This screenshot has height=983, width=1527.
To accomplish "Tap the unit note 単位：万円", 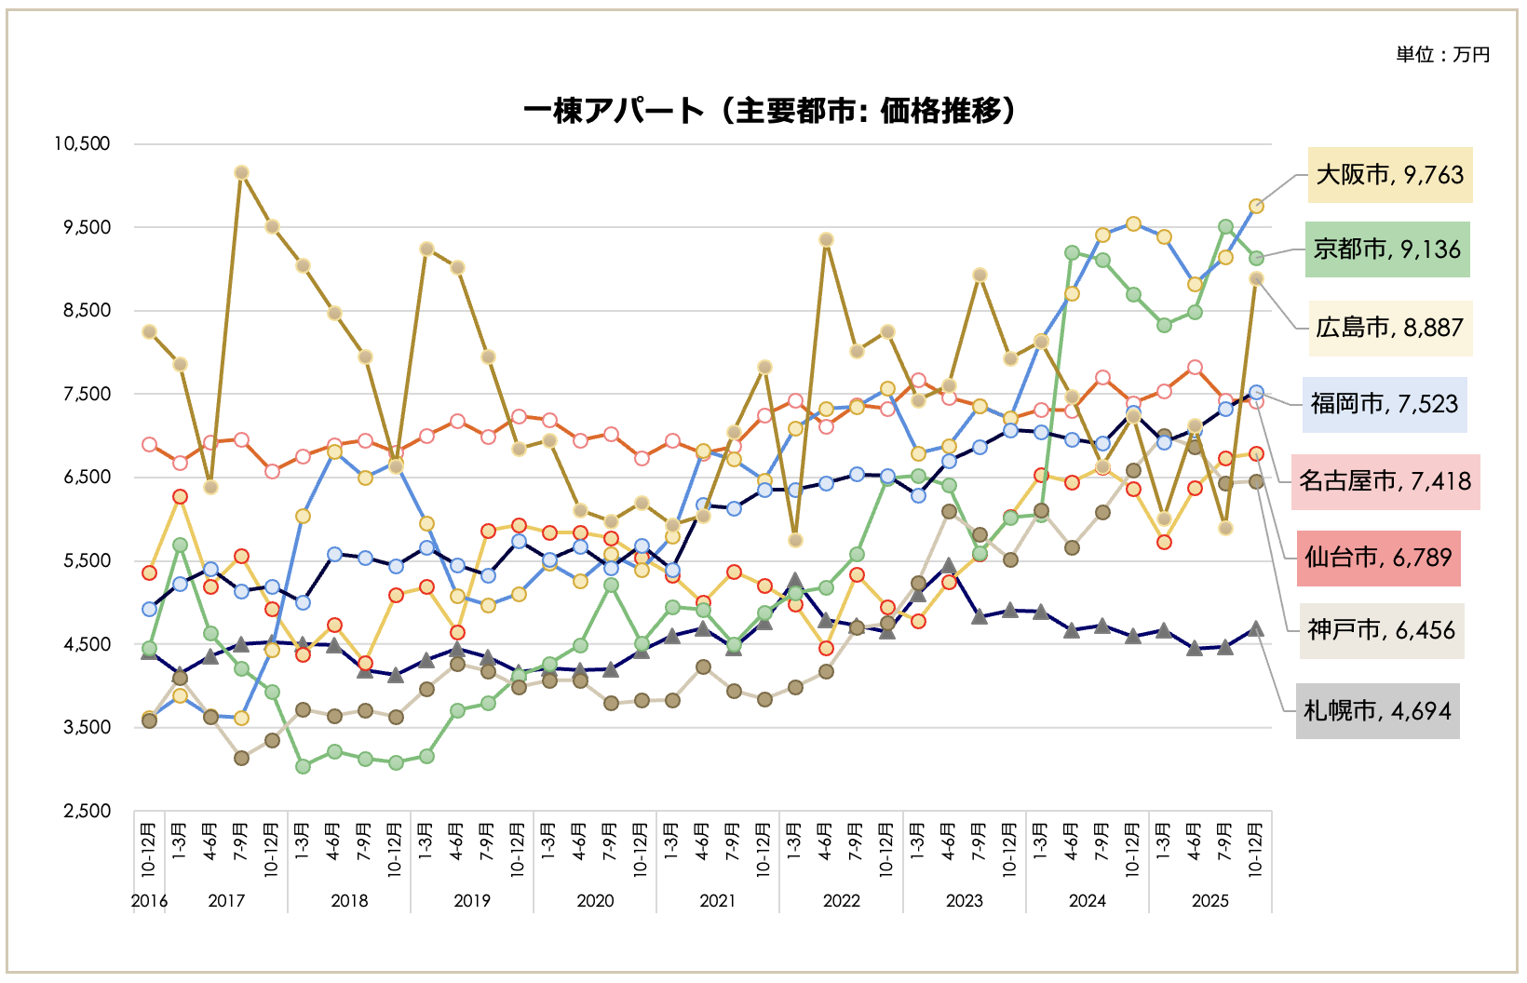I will [1442, 55].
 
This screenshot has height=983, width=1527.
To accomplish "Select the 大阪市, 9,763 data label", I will [1389, 175].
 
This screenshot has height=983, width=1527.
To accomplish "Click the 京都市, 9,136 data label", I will [1387, 249].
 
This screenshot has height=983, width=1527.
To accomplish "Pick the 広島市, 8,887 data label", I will [1389, 328].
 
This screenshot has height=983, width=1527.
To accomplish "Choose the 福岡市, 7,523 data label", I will [1385, 404].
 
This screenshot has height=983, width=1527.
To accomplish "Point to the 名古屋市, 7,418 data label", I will [1385, 481].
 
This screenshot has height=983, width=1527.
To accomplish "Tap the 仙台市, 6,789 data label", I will [1378, 558].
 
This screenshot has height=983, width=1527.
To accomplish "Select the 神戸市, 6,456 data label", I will [1381, 630].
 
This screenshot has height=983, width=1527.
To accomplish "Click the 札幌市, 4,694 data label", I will [1377, 711].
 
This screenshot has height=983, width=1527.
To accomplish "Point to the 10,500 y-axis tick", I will [82, 143].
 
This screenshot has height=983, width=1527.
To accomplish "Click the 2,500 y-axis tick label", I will [87, 811].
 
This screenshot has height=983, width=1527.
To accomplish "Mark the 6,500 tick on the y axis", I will [87, 477].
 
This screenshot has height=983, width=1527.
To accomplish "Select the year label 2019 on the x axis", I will [472, 900].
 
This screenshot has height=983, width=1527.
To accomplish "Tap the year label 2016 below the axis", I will [149, 900].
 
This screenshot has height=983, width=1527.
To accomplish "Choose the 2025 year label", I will [1209, 900].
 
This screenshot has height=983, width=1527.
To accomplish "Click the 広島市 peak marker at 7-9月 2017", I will [241, 172].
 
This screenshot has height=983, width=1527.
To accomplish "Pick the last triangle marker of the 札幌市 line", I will [1256, 628].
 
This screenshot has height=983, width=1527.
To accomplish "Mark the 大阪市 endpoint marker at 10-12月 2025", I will [1256, 206].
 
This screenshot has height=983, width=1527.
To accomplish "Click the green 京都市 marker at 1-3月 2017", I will [180, 545].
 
